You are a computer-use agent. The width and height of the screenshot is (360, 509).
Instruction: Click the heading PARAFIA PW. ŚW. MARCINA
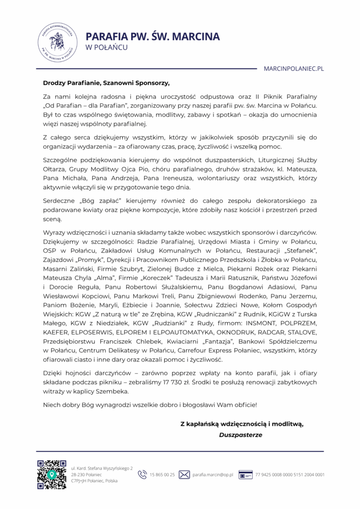click(x=153, y=36)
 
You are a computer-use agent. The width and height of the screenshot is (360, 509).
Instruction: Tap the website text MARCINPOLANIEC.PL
click(x=293, y=69)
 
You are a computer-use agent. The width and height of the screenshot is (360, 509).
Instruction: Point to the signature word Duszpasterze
click(x=241, y=434)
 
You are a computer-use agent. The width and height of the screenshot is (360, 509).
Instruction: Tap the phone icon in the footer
click(x=142, y=475)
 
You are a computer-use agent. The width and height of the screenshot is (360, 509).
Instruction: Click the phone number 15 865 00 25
click(x=162, y=475)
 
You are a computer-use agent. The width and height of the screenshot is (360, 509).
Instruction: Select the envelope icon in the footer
click(x=184, y=475)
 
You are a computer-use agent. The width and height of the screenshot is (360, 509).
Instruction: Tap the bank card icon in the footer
click(x=245, y=475)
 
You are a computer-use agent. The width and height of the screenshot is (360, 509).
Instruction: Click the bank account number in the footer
click(x=290, y=475)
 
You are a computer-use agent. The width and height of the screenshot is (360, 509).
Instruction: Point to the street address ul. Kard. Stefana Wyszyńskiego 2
click(x=102, y=468)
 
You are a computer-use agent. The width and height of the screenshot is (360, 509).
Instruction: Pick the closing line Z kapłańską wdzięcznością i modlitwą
click(x=242, y=424)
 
